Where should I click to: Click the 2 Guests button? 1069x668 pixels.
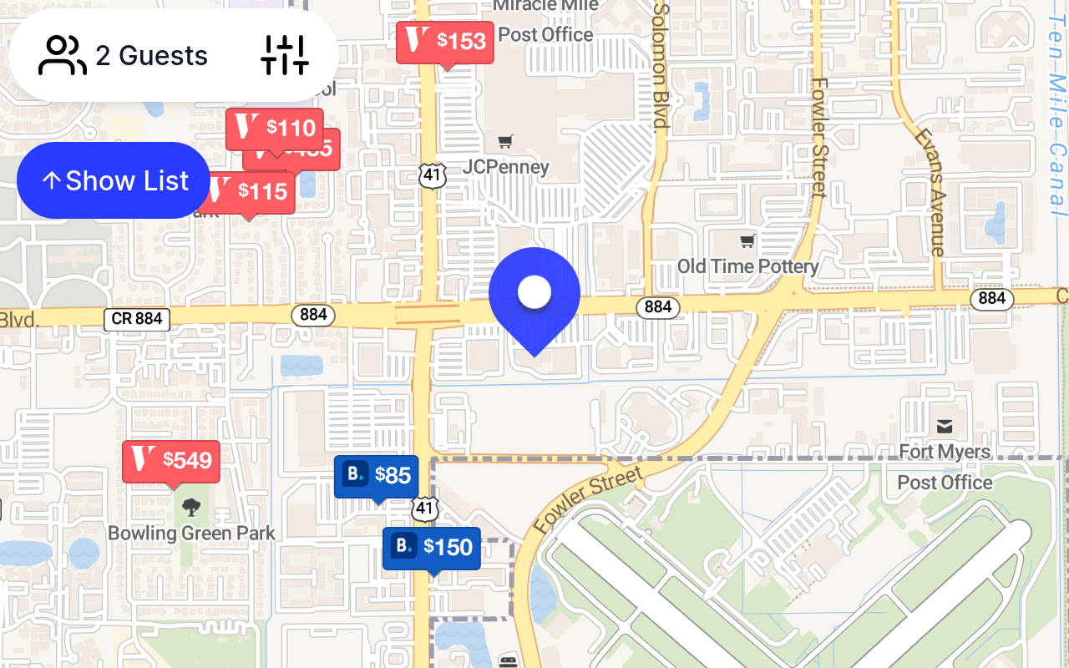pos(124,56)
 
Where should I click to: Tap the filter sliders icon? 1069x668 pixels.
pos(285,55)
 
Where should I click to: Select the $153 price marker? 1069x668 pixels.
pos(445,41)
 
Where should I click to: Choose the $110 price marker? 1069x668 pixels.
pos(275,128)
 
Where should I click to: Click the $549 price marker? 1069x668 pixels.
pos(171,460)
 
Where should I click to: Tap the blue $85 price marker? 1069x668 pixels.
pos(376,476)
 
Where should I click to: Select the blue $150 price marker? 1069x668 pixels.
pos(432,548)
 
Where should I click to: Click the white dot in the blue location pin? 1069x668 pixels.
pos(534,292)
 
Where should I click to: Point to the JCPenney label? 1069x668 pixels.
pos(506,167)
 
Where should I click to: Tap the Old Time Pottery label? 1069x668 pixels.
pos(747,266)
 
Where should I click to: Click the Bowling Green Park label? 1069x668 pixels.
pos(191,533)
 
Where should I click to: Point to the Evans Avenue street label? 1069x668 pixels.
pos(930,191)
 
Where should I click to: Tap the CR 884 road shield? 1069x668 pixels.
pos(137,318)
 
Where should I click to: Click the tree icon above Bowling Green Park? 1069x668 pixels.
pos(191,506)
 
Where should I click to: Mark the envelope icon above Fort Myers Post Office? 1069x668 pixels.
pos(945,428)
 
